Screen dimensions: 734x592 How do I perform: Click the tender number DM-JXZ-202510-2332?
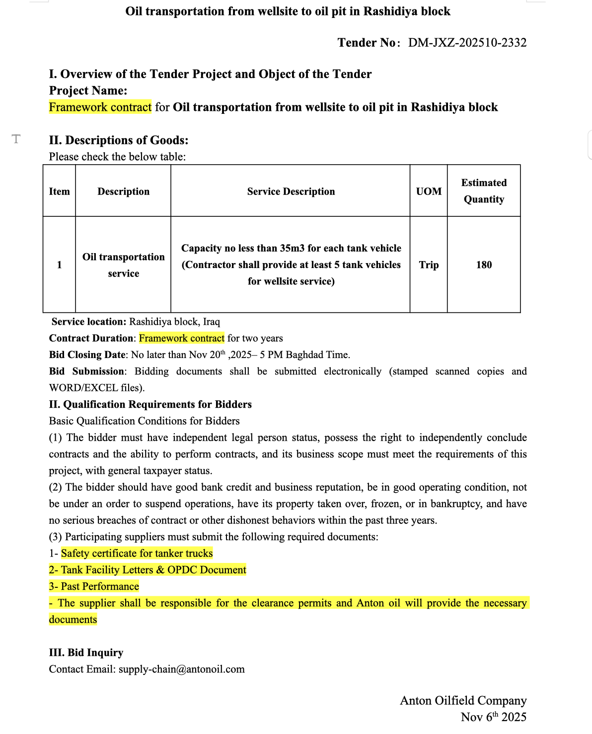click(467, 43)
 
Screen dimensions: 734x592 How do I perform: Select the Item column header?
click(59, 191)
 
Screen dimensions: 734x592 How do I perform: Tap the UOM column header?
click(429, 191)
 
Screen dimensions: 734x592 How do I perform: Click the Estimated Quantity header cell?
click(484, 191)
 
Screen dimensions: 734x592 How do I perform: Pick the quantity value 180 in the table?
click(484, 265)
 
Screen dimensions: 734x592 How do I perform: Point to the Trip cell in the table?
click(429, 265)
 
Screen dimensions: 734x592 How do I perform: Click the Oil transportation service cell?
click(123, 265)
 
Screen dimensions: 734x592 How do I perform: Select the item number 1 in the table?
click(59, 265)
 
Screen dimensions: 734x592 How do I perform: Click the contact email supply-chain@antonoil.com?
click(181, 669)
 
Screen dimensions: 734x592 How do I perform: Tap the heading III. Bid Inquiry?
click(86, 652)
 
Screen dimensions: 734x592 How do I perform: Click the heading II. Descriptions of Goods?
click(119, 140)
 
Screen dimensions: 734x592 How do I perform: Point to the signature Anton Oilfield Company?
click(463, 701)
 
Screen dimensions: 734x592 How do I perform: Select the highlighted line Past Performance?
click(94, 586)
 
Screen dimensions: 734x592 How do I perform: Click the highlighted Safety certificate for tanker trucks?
click(137, 553)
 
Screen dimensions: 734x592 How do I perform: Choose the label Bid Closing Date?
click(87, 355)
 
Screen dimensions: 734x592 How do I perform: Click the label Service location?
click(89, 322)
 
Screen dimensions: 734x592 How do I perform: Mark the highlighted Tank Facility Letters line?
click(148, 570)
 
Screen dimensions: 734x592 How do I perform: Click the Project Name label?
click(88, 91)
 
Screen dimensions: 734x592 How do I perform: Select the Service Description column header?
click(291, 191)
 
